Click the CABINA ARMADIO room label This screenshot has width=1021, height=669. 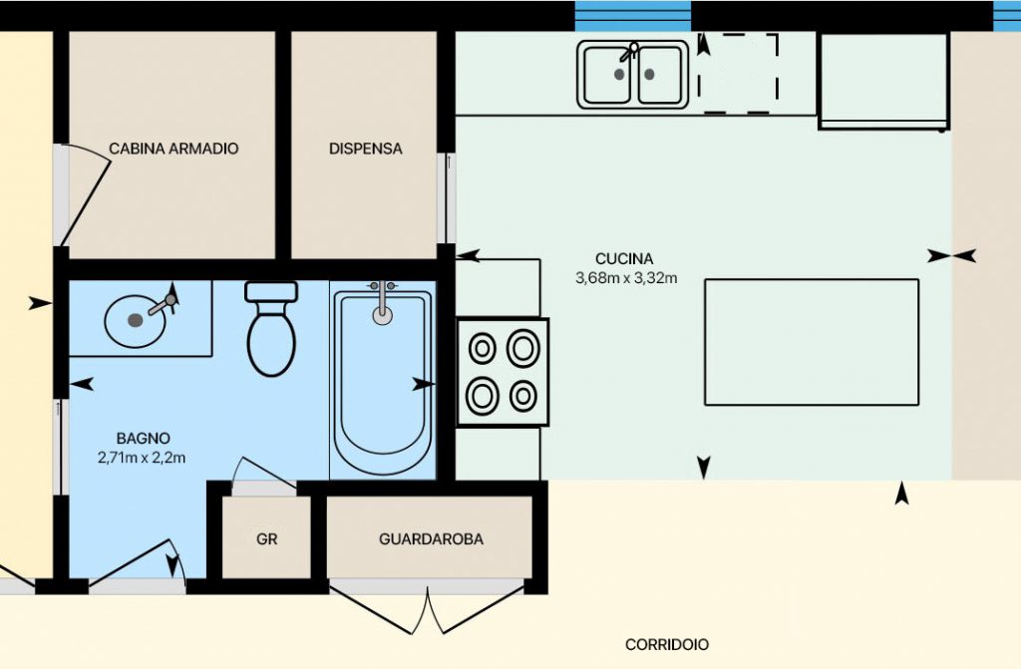[x=173, y=149]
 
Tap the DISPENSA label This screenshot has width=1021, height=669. [x=365, y=149]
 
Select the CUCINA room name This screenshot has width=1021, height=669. [x=624, y=259]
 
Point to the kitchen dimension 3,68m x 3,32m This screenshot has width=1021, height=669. [x=626, y=278]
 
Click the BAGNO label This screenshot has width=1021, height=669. [x=144, y=439]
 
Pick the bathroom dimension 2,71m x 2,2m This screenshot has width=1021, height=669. [x=142, y=458]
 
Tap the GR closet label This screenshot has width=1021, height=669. [x=267, y=539]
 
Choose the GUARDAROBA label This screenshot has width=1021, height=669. [x=431, y=539]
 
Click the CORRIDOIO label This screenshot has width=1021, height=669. [x=667, y=644]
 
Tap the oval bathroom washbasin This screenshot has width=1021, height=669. [x=135, y=321]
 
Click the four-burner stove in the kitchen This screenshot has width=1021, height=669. [x=503, y=372]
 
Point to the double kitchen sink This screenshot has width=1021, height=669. [x=633, y=74]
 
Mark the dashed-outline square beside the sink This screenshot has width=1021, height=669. [x=739, y=74]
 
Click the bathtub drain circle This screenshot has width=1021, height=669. [x=382, y=315]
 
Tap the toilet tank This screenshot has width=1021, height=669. [x=271, y=291]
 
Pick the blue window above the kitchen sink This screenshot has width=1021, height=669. [x=633, y=16]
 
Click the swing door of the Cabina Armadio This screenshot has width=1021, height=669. [x=86, y=195]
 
